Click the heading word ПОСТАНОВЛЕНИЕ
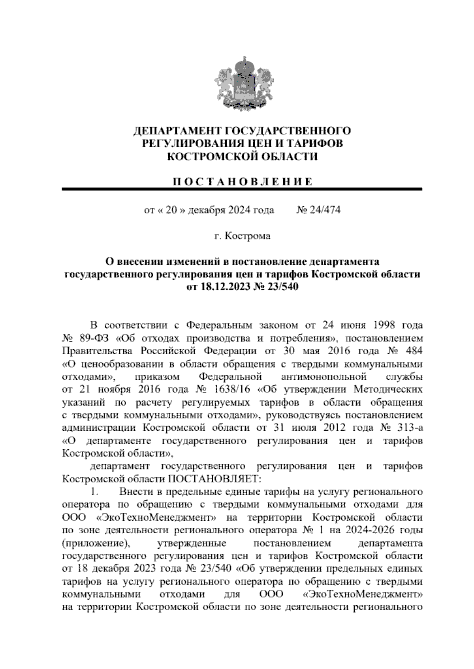pyautogui.click(x=242, y=182)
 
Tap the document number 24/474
pyautogui.click(x=324, y=210)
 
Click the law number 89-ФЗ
pyautogui.click(x=94, y=338)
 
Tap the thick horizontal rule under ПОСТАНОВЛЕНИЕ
pyautogui.click(x=242, y=190)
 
